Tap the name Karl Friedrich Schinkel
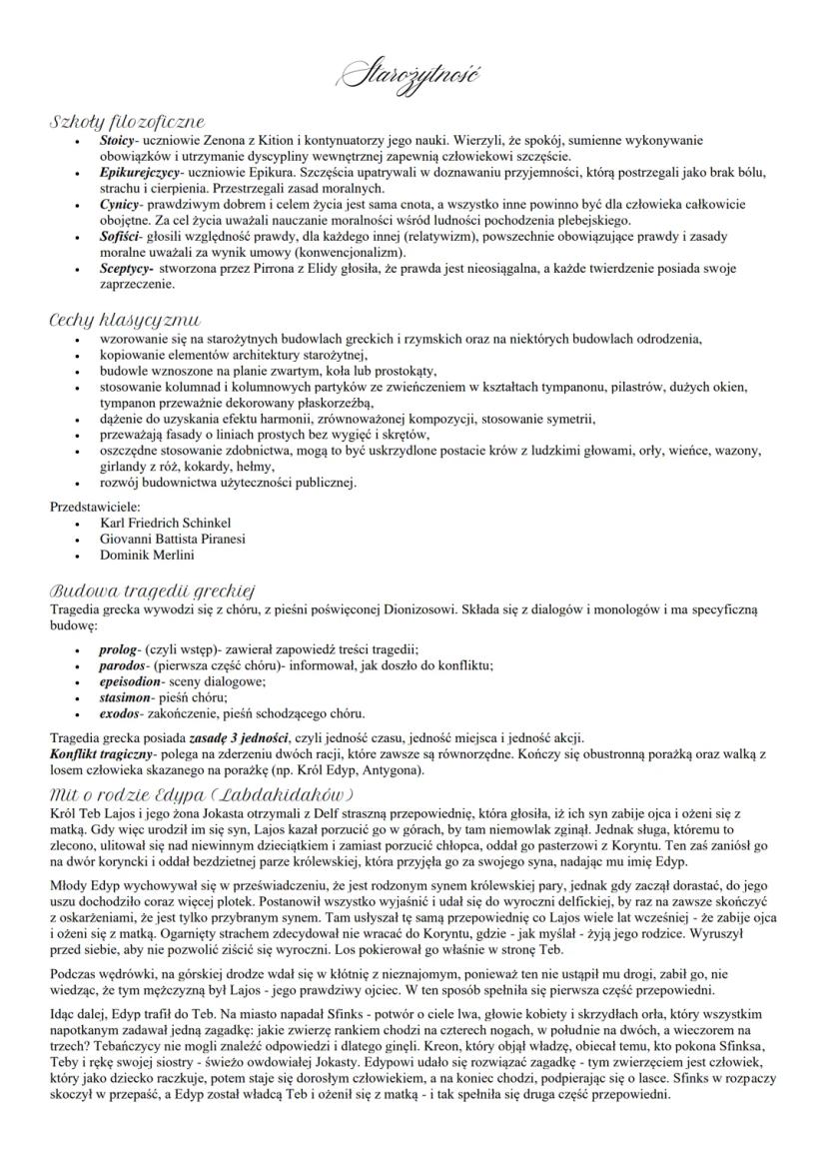point(166,523)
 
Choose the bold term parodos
point(124,665)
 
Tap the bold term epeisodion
point(131,681)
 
